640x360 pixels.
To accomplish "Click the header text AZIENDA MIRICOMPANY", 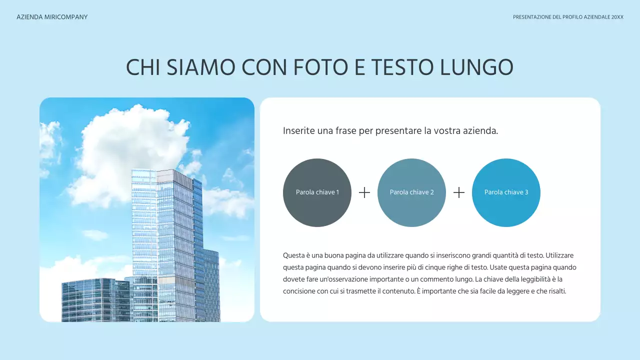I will pos(52,17).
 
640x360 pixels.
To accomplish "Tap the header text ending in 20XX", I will pos(568,17).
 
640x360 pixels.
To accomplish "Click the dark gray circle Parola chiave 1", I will pos(317,192).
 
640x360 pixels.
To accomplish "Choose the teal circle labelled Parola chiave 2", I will pos(411,192).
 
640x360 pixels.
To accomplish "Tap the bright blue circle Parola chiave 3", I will pos(506,192).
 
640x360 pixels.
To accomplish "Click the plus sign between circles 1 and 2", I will pos(364,192).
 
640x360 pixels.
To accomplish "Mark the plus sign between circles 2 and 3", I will pos(459,192).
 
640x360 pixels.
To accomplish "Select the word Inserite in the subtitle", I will pos(299,131).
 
